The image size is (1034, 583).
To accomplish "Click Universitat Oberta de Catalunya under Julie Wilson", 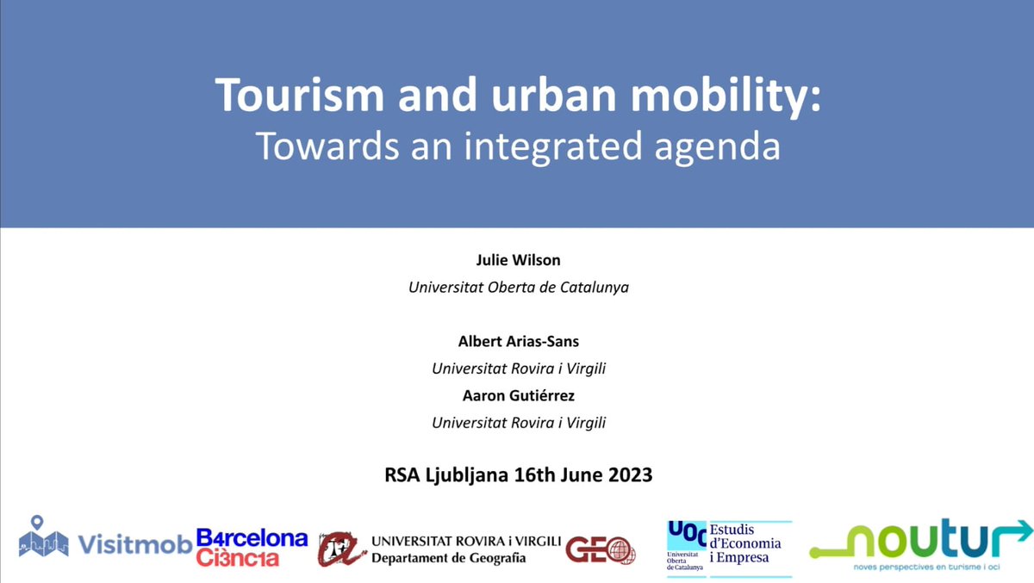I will [x=518, y=287].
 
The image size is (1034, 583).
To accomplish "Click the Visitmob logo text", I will [x=134, y=544].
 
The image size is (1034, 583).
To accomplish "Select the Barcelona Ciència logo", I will [x=252, y=548].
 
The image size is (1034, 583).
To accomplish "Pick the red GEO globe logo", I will [x=601, y=549].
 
